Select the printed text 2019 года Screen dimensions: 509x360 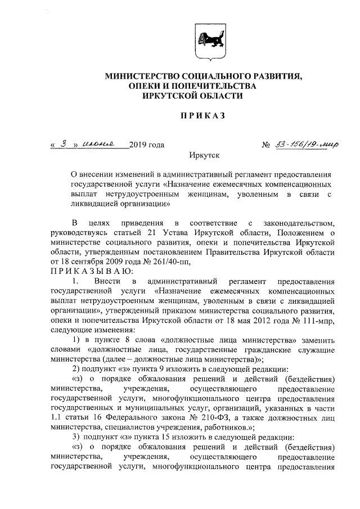[x=146, y=145]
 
